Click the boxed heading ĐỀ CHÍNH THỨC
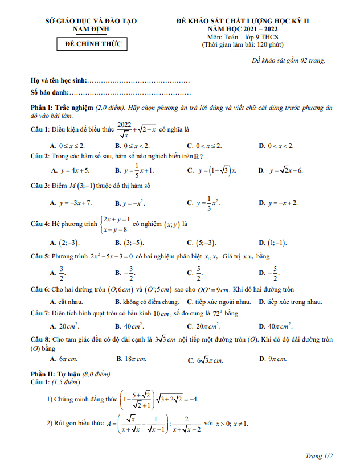(x=93, y=44)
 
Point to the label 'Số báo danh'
(x=50, y=92)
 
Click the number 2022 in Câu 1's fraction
(x=124, y=125)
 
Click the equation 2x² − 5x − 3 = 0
(x=110, y=257)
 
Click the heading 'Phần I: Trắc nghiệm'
(x=62, y=108)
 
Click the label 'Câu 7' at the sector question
(x=39, y=314)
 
